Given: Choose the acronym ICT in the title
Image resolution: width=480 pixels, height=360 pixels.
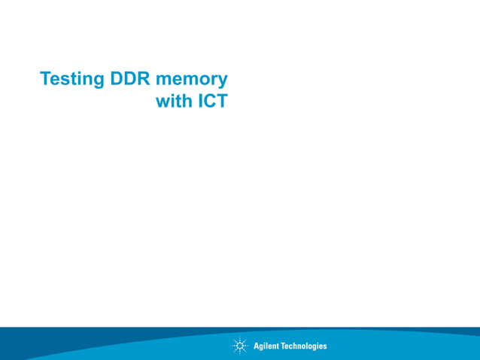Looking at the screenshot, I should point(212,101).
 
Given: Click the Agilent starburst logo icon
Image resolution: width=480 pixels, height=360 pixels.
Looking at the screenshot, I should point(240,346).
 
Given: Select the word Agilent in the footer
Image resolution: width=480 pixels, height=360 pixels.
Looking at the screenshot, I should point(266,346).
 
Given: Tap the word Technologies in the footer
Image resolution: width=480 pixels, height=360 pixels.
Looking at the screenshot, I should point(304,346).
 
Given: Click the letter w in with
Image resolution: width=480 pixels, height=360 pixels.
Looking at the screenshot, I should point(163,102).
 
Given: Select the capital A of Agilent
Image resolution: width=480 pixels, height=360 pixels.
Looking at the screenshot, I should point(257,346).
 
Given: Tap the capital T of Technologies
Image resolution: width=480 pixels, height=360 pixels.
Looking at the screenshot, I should point(283,346).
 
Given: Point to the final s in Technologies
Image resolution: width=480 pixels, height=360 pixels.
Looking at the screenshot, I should point(325,347).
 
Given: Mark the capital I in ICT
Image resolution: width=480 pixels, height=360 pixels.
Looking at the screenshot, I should point(201,101).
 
